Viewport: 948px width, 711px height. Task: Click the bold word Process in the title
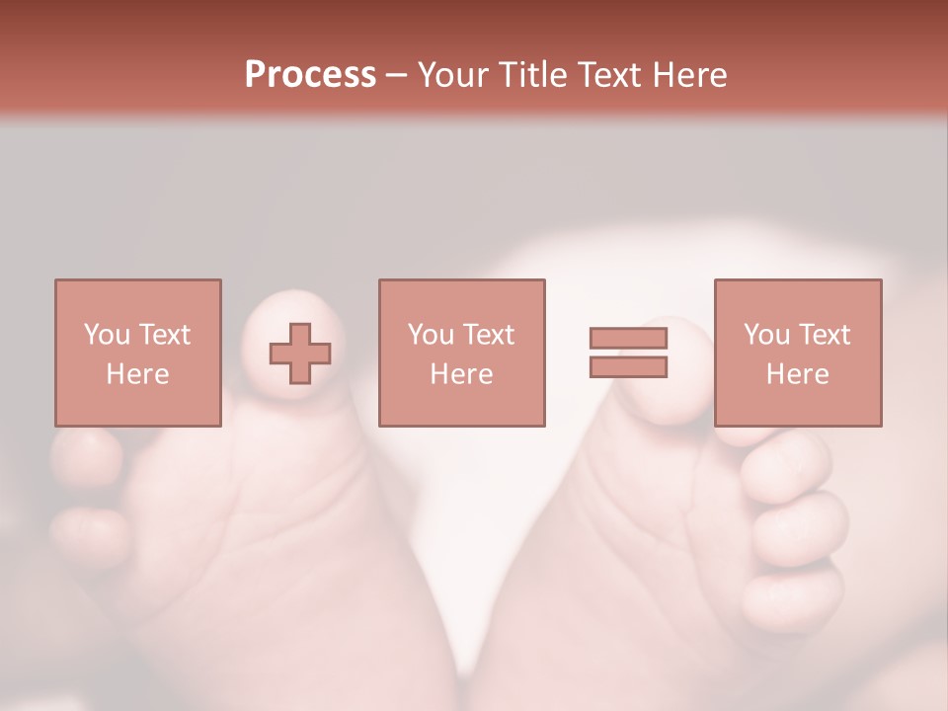[x=310, y=75]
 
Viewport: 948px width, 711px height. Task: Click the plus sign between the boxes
[x=300, y=353]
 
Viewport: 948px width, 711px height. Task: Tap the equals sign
[x=628, y=353]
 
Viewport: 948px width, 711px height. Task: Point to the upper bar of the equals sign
[x=628, y=339]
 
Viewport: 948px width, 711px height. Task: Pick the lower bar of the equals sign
[x=628, y=367]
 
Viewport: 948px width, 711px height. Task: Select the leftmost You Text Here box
[x=138, y=353]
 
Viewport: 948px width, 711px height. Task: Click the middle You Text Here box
[x=461, y=353]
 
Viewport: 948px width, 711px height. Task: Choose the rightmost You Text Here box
[x=797, y=353]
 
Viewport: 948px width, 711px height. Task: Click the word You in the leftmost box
[x=106, y=335]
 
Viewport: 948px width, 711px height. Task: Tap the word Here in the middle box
[x=461, y=374]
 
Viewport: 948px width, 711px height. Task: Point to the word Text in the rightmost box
[x=823, y=335]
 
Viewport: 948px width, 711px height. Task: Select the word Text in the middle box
[x=488, y=335]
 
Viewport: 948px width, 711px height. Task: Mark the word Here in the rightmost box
[x=797, y=374]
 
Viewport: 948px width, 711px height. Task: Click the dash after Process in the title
[x=397, y=75]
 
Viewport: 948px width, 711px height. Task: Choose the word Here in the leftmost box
[x=138, y=374]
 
